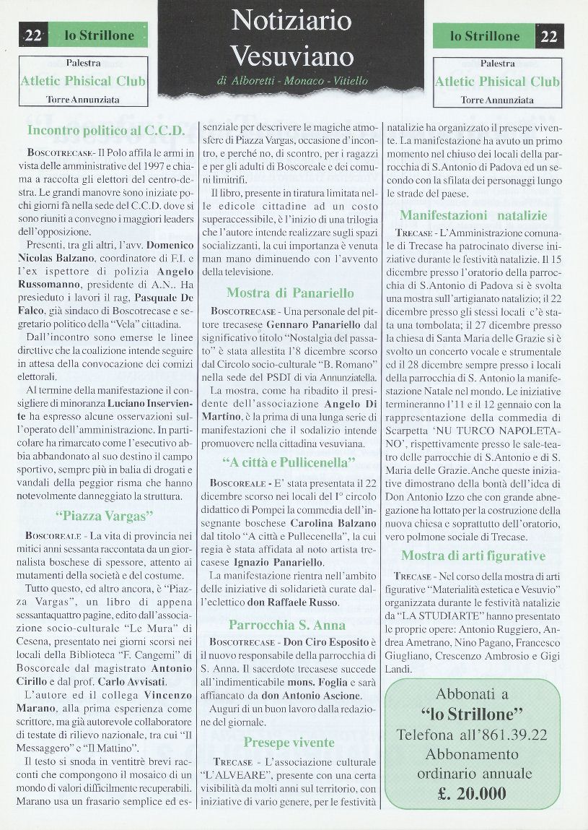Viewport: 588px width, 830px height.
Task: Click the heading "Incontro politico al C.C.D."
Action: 105,131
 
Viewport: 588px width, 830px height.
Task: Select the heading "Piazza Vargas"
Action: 105,516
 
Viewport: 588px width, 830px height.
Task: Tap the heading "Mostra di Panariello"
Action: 290,293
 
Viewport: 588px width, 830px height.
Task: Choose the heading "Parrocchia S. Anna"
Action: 287,625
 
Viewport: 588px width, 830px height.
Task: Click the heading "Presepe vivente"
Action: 289,743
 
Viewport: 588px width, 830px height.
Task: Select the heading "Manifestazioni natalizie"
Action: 473,215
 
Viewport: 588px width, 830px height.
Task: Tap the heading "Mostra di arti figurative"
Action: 473,556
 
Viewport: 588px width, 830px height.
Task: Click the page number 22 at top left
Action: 33,35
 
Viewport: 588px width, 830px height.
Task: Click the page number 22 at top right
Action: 549,36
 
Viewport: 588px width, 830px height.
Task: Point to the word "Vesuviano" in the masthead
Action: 292,56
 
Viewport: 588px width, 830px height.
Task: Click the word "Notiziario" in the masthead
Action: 291,21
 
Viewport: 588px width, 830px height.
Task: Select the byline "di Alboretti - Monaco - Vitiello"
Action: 291,81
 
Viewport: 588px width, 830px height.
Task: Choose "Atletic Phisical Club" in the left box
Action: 83,81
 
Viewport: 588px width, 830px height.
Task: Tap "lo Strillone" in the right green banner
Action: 484,36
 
